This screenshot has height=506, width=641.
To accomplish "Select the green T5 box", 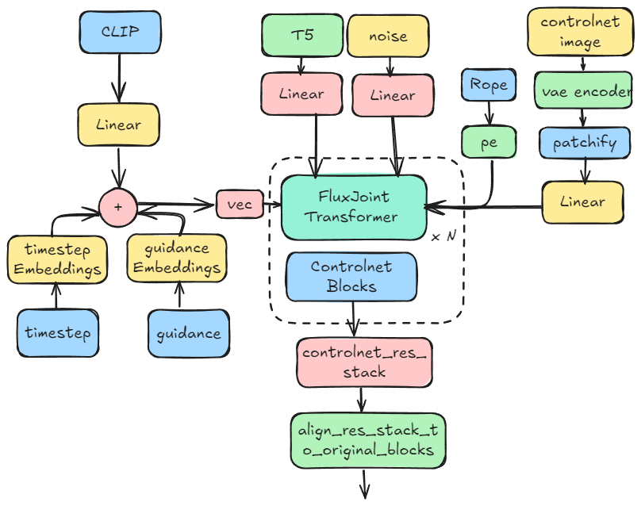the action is tap(302, 36).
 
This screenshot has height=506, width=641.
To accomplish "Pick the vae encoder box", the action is tap(585, 92).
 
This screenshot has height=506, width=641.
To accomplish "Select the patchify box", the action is tap(585, 144).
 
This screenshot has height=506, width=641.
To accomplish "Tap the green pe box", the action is tap(489, 143).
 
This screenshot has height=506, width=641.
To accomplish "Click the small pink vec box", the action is tap(239, 205).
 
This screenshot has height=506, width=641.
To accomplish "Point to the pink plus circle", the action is tap(117, 206).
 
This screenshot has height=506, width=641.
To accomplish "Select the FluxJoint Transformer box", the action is tap(354, 207).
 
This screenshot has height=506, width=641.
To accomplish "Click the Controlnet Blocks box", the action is tap(351, 277).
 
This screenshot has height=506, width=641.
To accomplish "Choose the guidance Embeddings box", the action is tap(176, 259).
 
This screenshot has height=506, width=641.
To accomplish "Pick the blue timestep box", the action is tap(57, 332).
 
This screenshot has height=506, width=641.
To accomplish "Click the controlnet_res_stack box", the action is tap(365, 363).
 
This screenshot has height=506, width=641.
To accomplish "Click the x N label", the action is tap(443, 237).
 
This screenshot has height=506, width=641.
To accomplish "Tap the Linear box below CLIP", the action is tap(119, 125).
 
